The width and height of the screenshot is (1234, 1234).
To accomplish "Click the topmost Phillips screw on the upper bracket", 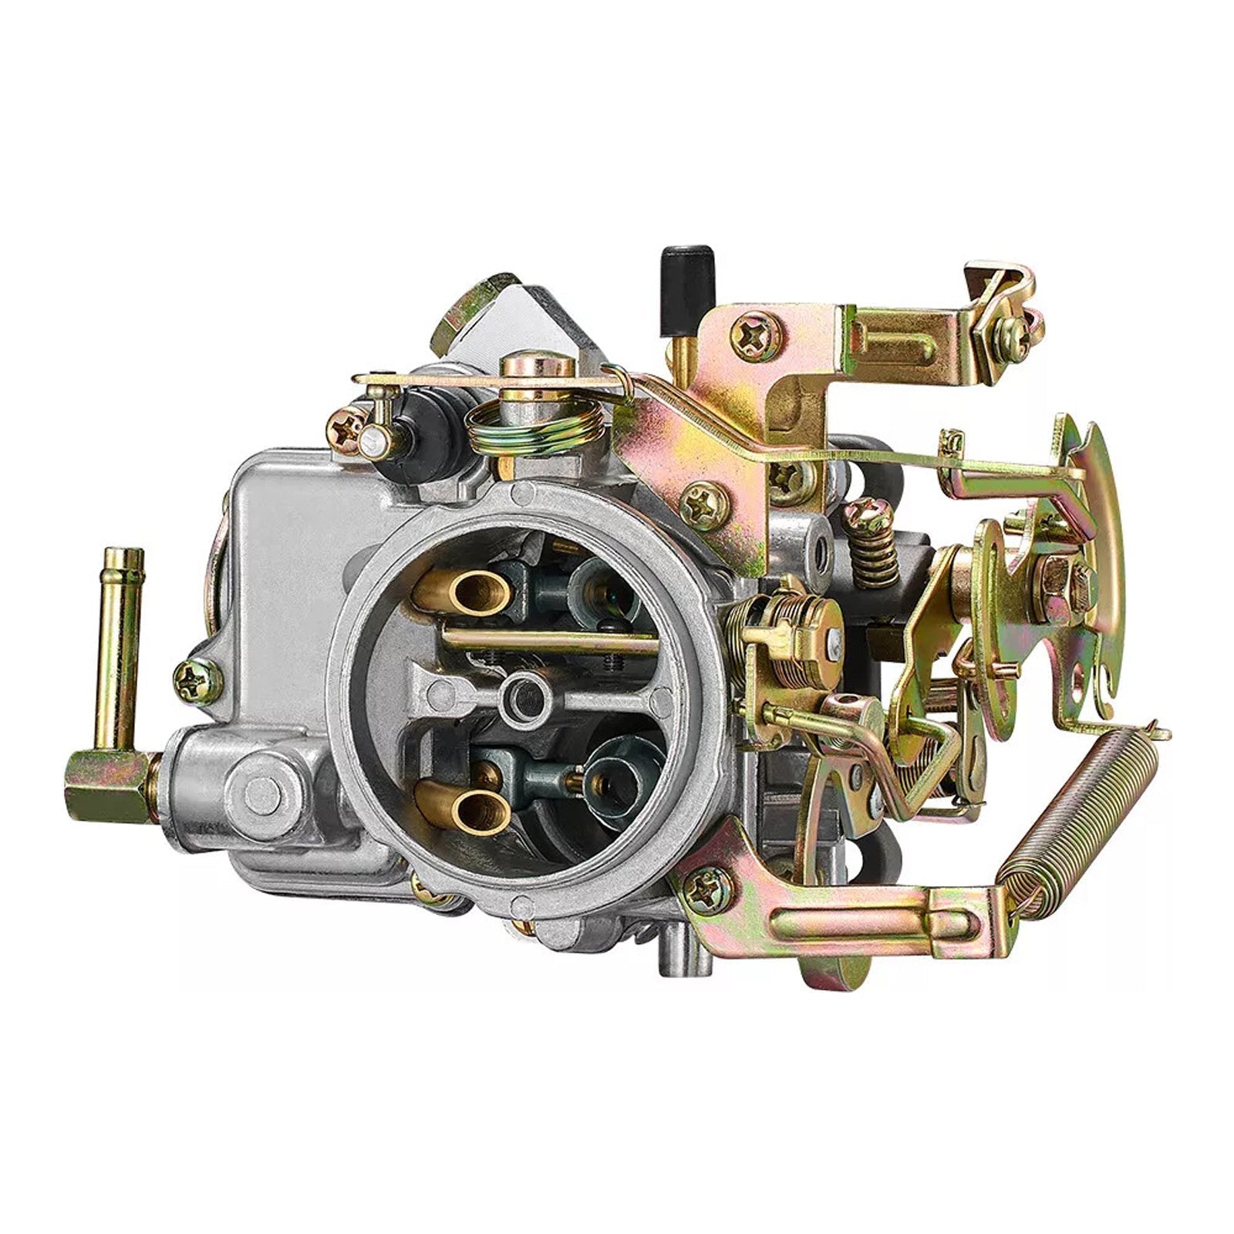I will tap(757, 335).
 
